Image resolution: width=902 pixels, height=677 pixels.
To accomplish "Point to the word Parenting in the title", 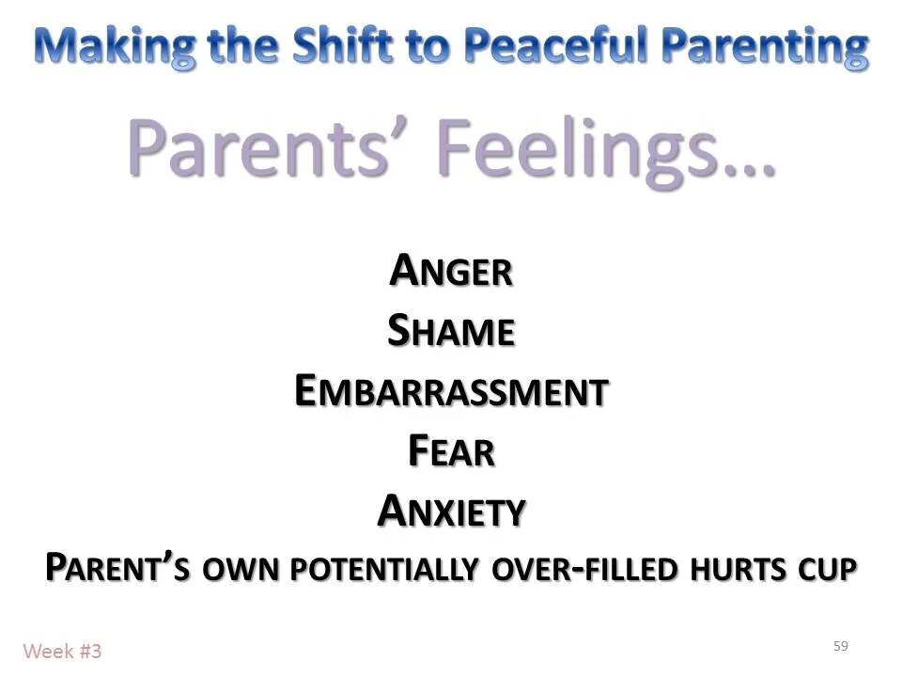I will [x=771, y=45].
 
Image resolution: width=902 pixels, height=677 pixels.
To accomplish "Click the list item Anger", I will [x=451, y=272].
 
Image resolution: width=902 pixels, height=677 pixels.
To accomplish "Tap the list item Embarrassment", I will [x=451, y=392].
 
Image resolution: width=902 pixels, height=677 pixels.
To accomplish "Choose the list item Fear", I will [x=451, y=452].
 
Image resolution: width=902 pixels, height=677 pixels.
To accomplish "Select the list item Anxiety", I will [x=451, y=512].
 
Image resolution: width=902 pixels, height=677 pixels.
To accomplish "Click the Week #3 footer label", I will [x=62, y=651].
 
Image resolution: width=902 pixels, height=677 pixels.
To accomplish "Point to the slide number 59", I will [x=840, y=646].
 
